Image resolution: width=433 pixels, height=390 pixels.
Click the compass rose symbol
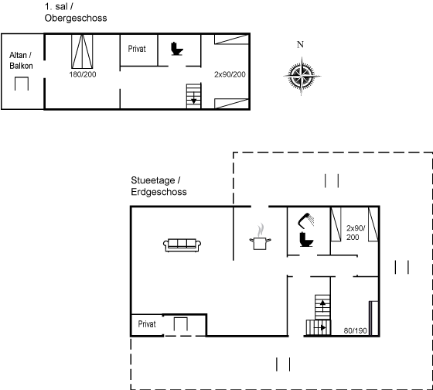(302, 76)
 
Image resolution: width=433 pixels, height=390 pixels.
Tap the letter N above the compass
(300, 44)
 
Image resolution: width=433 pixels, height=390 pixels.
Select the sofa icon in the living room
(182, 245)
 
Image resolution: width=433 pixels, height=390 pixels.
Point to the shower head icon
(305, 221)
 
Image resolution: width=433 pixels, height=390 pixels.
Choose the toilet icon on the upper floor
(177, 49)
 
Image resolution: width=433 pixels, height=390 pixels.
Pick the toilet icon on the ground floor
(306, 239)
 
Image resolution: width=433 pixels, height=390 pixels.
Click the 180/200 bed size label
(83, 74)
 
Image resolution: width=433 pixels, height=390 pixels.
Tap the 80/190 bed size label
(356, 330)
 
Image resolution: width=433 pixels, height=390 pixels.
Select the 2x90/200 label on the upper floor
(230, 74)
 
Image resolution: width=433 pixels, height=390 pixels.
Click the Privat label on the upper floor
(137, 49)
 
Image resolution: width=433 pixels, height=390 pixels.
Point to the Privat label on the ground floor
(147, 324)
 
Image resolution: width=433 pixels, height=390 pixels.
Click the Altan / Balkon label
(21, 60)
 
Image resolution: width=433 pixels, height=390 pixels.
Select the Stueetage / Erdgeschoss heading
(159, 186)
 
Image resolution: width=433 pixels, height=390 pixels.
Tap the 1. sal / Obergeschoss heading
(76, 12)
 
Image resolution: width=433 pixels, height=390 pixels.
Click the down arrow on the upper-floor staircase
(194, 98)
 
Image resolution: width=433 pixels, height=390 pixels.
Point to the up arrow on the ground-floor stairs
(322, 306)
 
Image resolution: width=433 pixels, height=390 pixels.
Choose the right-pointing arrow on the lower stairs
(320, 328)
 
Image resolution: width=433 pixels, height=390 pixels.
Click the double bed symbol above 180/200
(82, 51)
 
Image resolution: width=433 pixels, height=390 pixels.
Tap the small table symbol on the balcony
(22, 84)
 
